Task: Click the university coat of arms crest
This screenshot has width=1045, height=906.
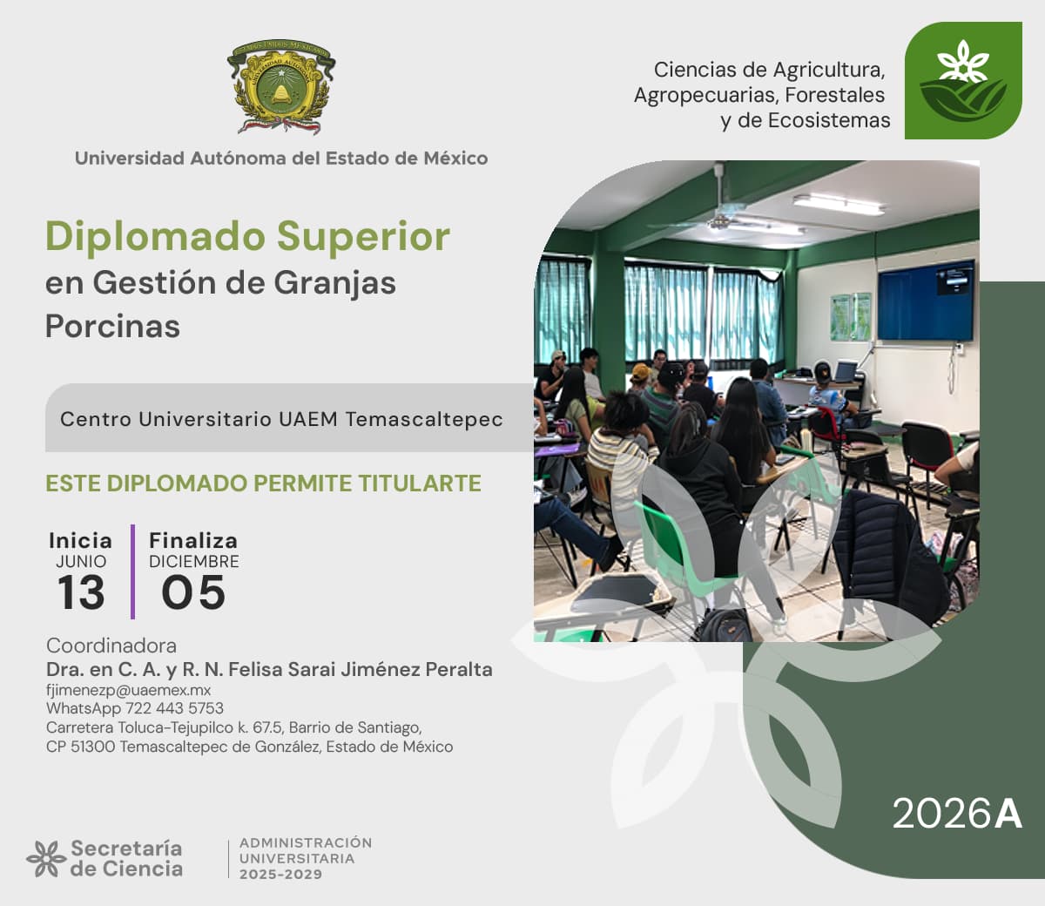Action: click(x=281, y=87)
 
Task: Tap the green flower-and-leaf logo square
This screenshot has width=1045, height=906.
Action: click(x=963, y=80)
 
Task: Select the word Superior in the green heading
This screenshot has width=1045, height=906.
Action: click(x=363, y=236)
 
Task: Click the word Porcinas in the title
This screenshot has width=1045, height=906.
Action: click(x=112, y=326)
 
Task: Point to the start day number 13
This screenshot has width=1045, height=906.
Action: click(x=81, y=592)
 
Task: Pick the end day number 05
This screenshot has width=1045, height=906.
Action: click(x=193, y=592)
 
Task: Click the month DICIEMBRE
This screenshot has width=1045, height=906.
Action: click(x=194, y=562)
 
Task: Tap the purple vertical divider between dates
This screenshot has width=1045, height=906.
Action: click(x=132, y=571)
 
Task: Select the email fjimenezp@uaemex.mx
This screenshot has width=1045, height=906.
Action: click(x=128, y=690)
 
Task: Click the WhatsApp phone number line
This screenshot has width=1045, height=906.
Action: click(x=135, y=708)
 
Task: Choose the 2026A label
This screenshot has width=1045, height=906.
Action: click(x=957, y=814)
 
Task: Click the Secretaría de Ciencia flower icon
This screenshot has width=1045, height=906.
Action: click(x=46, y=858)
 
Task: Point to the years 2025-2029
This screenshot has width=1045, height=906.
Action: click(x=280, y=874)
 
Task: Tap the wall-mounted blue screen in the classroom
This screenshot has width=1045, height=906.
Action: click(x=925, y=300)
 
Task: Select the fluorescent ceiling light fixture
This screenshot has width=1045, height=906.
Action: click(x=839, y=205)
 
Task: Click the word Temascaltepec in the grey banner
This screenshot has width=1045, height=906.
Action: click(x=424, y=419)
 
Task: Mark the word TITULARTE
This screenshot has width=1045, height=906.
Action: click(x=420, y=483)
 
